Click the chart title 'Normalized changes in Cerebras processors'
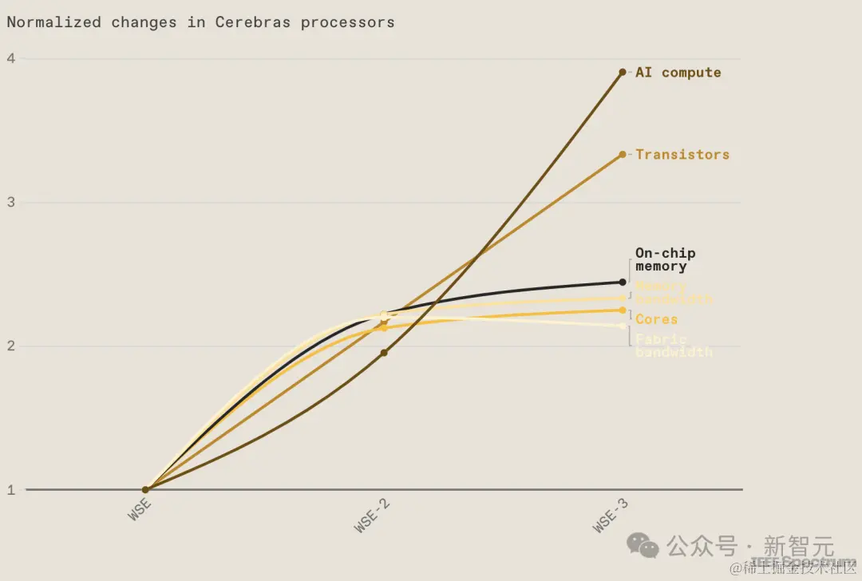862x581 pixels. point(200,22)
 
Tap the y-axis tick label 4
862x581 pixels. point(11,58)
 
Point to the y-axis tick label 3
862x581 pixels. point(11,203)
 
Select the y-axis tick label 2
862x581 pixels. point(11,346)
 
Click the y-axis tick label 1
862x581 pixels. point(11,490)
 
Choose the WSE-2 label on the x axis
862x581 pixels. point(373,515)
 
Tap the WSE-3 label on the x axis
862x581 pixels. point(611,515)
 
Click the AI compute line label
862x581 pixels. point(678,73)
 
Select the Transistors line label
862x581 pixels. point(682,155)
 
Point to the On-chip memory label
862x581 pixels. point(665,259)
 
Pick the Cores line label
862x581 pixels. point(656,319)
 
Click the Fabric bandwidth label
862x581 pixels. point(674,345)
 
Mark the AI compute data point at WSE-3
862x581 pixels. point(623,73)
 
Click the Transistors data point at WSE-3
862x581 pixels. point(623,155)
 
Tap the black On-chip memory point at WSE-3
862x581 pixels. point(623,282)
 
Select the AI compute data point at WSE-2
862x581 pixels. point(384,353)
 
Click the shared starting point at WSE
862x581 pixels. point(145,490)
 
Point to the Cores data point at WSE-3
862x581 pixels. point(623,310)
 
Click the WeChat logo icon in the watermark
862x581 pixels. point(643,545)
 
